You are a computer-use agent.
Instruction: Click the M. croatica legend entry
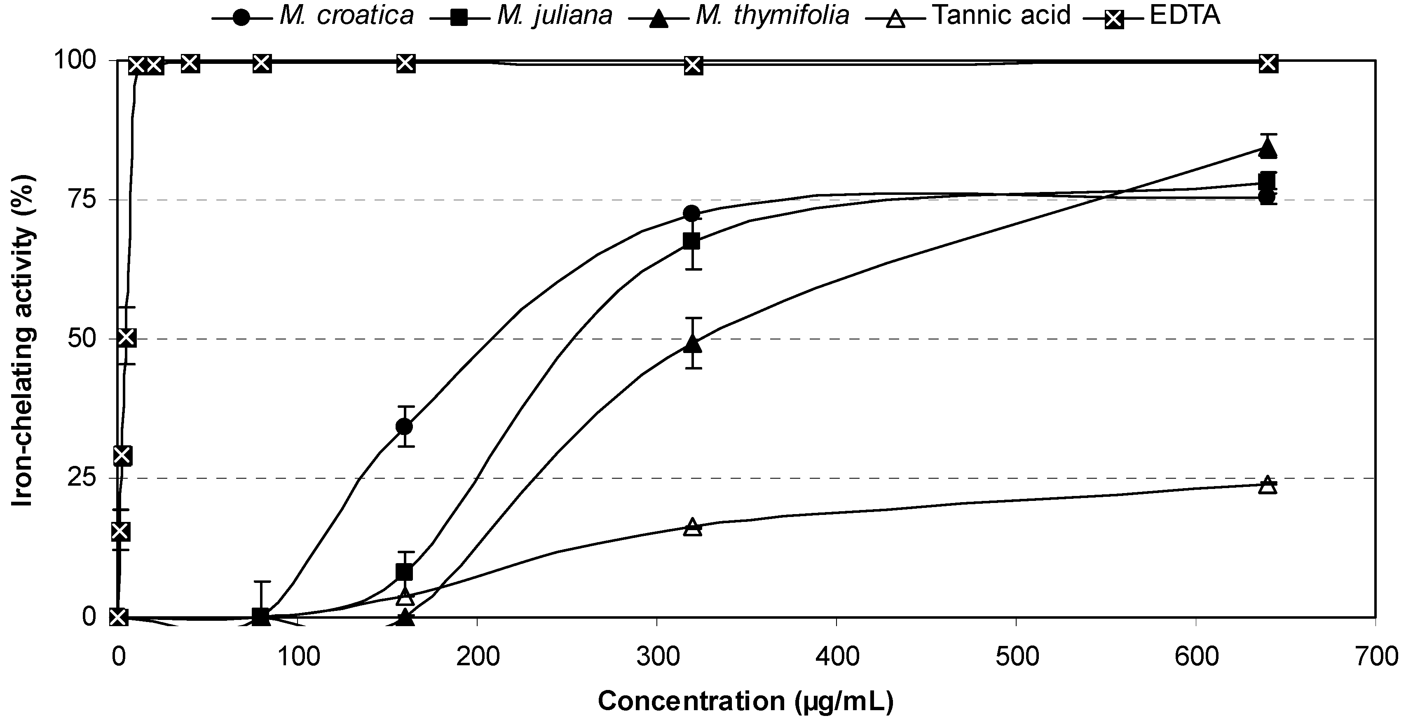tap(314, 15)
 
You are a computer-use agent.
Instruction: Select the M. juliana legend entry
tap(521, 15)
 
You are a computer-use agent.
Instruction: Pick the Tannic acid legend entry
tap(969, 15)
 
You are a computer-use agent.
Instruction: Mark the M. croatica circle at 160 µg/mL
tap(404, 427)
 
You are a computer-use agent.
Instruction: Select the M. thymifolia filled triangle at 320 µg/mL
tap(693, 344)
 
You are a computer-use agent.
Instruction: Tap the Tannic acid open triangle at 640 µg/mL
tap(1268, 484)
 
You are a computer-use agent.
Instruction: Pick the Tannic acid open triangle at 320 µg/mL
tap(693, 527)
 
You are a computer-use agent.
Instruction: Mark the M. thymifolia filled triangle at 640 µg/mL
tap(1268, 148)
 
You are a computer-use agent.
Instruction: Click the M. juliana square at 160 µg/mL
tap(404, 572)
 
